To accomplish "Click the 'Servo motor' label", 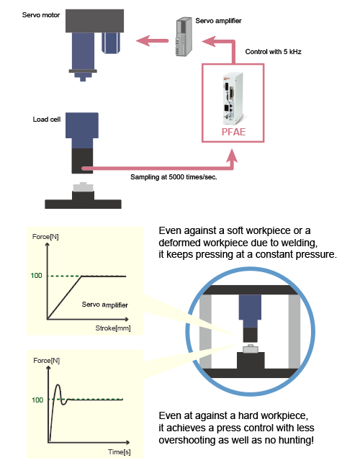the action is [41, 15].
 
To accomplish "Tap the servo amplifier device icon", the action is [184, 37].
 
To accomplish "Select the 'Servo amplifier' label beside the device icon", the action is [218, 21].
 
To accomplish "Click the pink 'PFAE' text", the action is [233, 132].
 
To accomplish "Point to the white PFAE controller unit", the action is [233, 99].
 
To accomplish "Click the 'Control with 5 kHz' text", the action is [273, 52].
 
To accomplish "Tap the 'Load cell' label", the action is [47, 120].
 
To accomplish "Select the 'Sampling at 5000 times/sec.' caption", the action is [174, 177].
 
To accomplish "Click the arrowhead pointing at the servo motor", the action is [143, 40].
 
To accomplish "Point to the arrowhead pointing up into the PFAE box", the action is [232, 156].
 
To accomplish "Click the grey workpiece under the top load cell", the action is [84, 187].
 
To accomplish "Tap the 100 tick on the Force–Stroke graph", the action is [37, 276].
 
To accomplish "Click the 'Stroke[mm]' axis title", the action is [113, 328].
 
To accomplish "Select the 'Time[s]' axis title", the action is [119, 452].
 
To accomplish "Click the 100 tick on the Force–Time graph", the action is [37, 400].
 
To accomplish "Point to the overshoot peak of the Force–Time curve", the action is [58, 385].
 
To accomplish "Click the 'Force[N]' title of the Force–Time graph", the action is [47, 361].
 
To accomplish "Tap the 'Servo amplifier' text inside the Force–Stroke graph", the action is [105, 305].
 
